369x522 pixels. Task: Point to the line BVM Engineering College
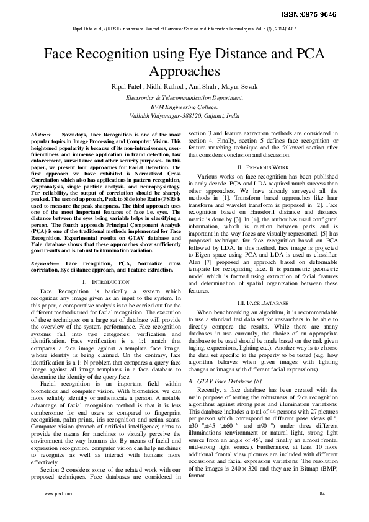184,107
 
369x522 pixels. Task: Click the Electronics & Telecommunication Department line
184,98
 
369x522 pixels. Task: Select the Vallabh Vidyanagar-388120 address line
184,115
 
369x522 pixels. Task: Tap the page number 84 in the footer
322,510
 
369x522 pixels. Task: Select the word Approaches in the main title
184,70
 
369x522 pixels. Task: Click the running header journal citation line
184,29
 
